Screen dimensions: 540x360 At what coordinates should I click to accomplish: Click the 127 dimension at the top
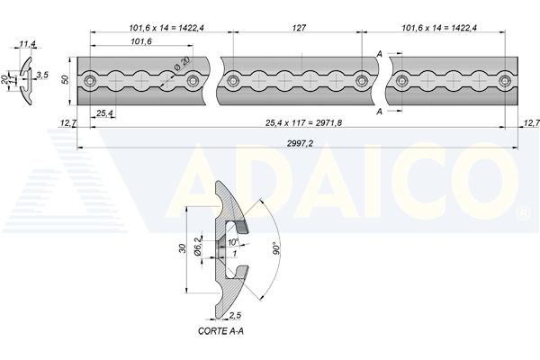[299, 28]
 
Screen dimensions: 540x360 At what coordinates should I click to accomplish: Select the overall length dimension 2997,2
[300, 143]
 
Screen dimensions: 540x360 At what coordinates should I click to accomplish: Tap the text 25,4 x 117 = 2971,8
[304, 122]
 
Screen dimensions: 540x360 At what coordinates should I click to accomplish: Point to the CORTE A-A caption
[220, 331]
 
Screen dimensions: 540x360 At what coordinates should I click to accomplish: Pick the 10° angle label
[233, 242]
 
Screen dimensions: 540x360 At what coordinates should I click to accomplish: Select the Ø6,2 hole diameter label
[197, 247]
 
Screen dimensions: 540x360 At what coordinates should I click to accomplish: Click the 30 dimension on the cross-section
[183, 248]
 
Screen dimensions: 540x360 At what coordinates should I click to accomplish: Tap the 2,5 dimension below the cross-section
[235, 315]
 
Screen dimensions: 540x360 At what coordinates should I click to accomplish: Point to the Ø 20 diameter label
[182, 64]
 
